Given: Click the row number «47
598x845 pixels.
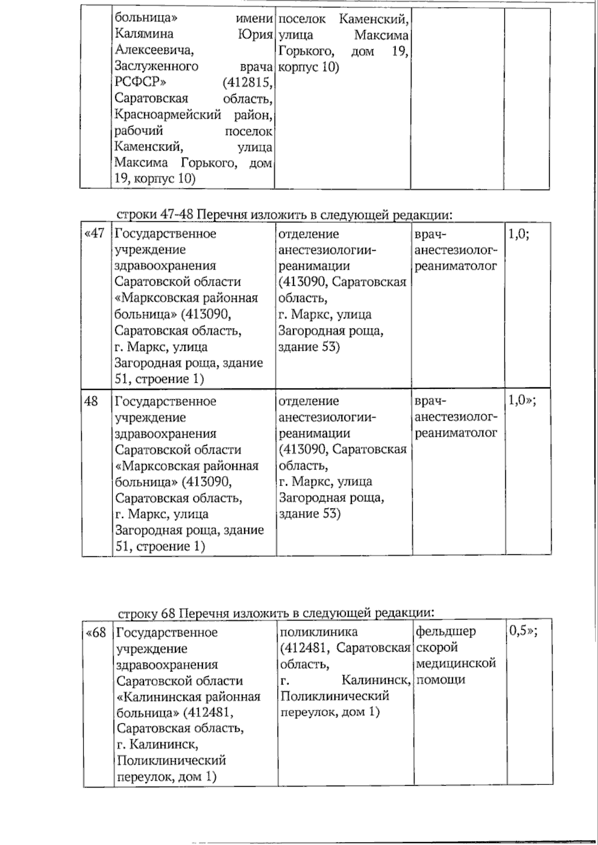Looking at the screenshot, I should point(95,233).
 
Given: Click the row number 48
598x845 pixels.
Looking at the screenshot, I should point(91,401).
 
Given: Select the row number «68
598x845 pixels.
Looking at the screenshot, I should point(96,632).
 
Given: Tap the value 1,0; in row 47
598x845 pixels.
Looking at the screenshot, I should point(518,233).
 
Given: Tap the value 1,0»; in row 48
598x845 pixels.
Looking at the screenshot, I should point(522,400).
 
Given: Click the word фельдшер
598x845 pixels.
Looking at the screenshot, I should point(446,631).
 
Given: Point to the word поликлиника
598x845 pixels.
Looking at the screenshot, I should point(319,632).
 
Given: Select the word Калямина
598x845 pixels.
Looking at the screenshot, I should point(144,34).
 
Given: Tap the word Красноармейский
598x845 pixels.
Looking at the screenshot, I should point(167,115).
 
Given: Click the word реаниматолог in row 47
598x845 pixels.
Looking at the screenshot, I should point(456,266).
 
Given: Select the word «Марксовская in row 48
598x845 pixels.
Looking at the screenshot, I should point(161,466).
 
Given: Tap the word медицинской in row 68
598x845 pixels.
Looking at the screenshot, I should point(456,663).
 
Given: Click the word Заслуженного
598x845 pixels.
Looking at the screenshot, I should point(156,66).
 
